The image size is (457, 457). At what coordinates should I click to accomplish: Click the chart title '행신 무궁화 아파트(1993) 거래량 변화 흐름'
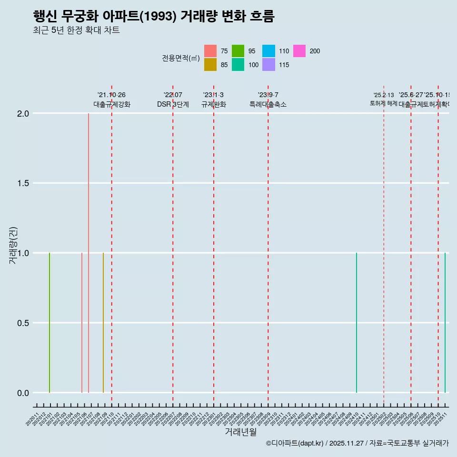[x=154, y=16]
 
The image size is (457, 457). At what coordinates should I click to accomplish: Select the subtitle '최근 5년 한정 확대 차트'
[x=76, y=30]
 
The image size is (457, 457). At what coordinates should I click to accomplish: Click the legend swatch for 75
[x=210, y=51]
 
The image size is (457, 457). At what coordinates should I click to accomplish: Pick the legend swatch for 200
[x=299, y=51]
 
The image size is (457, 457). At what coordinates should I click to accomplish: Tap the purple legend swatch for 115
[x=269, y=65]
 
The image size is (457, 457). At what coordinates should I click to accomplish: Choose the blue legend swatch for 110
[x=269, y=51]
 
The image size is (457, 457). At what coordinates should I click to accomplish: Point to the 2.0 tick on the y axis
[x=23, y=114]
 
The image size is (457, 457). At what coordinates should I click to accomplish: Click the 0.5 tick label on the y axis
[x=23, y=323]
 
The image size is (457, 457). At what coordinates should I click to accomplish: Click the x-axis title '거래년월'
[x=241, y=432]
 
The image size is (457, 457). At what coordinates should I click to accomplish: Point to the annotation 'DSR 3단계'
[x=173, y=105]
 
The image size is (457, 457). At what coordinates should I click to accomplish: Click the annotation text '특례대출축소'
[x=268, y=105]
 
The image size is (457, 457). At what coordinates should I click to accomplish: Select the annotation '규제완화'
[x=214, y=105]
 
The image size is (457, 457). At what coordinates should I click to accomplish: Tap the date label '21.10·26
[x=111, y=95]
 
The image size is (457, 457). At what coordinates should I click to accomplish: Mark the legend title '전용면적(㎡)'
[x=180, y=58]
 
